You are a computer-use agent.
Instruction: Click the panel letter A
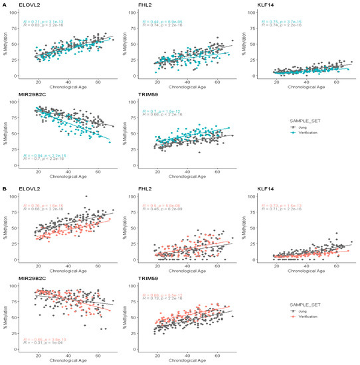4,4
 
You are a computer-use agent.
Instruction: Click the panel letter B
4,188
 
